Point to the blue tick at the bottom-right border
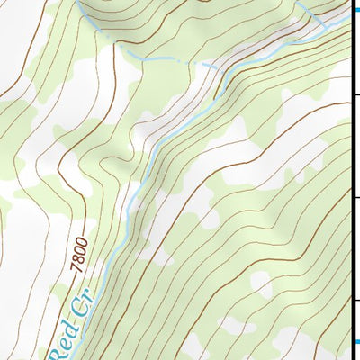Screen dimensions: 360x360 [354, 341]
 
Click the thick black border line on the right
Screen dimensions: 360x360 [352, 180]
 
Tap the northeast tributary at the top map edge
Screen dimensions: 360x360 [297, 2]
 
